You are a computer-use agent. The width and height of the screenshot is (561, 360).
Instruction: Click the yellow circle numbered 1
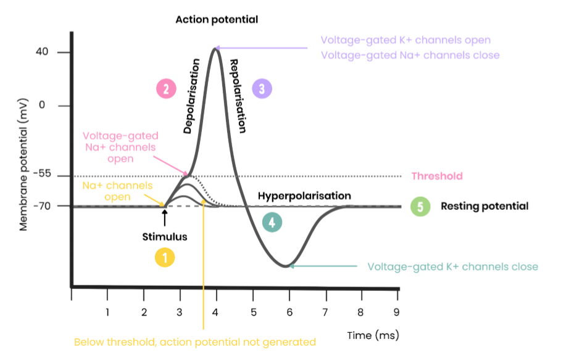click(165, 257)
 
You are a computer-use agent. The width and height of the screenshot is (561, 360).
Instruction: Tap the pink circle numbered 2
click(166, 89)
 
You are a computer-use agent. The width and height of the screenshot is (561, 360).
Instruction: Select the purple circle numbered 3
click(262, 89)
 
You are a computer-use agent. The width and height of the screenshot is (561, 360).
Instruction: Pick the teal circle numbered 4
click(272, 222)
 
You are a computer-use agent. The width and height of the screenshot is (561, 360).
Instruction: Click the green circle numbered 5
click(420, 206)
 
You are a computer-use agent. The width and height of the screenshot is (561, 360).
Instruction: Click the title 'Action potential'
click(217, 19)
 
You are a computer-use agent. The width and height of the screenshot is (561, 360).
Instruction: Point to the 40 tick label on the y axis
click(41, 52)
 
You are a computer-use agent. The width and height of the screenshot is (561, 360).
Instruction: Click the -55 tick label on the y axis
click(42, 174)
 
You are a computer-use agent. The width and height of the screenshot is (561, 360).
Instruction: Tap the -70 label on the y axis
click(42, 206)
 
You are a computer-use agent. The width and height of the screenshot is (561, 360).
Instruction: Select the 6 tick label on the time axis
click(289, 312)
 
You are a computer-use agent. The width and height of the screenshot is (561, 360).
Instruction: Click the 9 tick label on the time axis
click(396, 312)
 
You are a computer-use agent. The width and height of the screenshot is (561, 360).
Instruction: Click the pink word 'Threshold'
click(437, 176)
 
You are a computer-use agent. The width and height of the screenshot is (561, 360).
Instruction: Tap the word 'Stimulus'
click(165, 237)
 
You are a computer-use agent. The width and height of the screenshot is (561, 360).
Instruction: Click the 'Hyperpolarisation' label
click(304, 196)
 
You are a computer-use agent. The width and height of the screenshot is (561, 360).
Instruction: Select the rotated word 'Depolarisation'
click(192, 96)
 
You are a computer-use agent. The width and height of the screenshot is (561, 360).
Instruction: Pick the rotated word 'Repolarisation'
click(238, 96)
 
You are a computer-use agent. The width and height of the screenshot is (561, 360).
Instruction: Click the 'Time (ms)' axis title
click(373, 335)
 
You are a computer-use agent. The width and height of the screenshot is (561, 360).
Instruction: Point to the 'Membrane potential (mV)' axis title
click(23, 164)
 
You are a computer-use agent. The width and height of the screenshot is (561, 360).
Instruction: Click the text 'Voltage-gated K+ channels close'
click(452, 267)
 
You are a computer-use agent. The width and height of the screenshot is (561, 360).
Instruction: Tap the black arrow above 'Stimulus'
click(165, 218)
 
